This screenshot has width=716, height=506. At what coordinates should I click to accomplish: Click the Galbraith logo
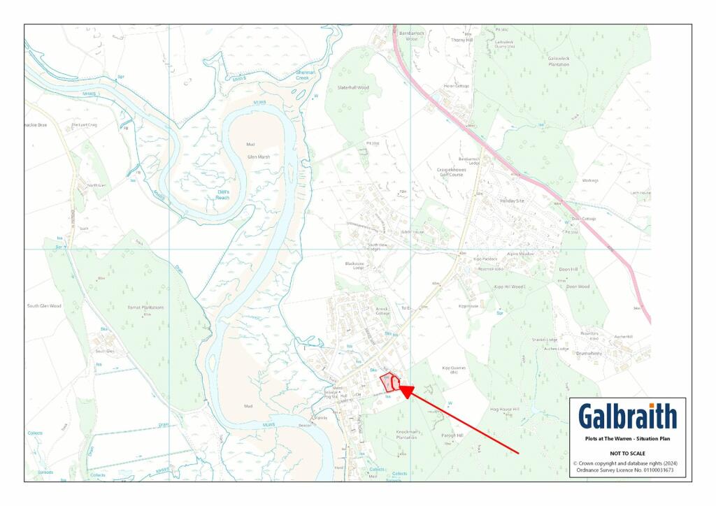(627, 417)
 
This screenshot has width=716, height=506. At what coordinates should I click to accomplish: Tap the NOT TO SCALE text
(627, 453)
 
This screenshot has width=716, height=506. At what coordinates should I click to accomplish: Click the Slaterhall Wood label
(353, 87)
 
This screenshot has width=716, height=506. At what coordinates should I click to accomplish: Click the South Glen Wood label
(44, 306)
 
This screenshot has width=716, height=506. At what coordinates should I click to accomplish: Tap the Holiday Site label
(512, 201)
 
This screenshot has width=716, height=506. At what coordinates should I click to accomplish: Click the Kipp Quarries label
(454, 369)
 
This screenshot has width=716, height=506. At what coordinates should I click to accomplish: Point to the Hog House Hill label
(505, 408)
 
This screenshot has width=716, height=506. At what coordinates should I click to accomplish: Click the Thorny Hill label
(462, 40)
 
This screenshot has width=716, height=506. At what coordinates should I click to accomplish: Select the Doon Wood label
(578, 287)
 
